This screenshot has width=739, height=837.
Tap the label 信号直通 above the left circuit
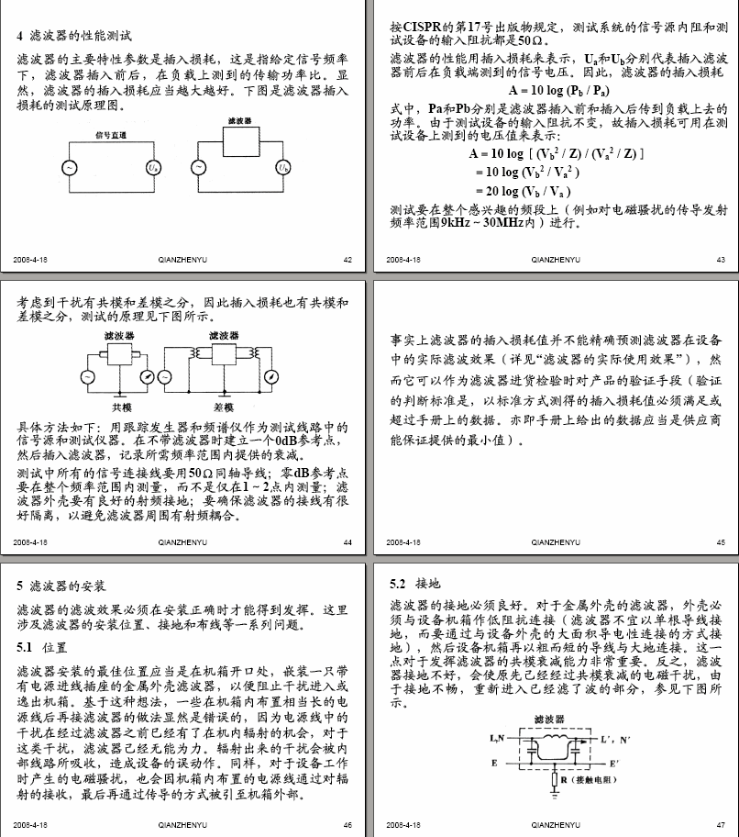point(111,135)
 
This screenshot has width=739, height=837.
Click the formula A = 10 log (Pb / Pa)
point(560,91)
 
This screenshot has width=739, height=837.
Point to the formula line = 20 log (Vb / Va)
point(524,191)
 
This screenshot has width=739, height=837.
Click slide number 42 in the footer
point(347,260)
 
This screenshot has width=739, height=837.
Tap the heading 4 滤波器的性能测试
point(74,36)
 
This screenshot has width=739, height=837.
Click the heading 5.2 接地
point(414,584)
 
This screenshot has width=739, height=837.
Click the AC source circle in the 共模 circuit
point(87,377)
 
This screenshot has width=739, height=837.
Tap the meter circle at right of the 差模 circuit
point(270,377)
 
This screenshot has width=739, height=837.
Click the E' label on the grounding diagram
point(613,763)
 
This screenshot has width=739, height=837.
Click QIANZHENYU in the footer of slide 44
point(182,542)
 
